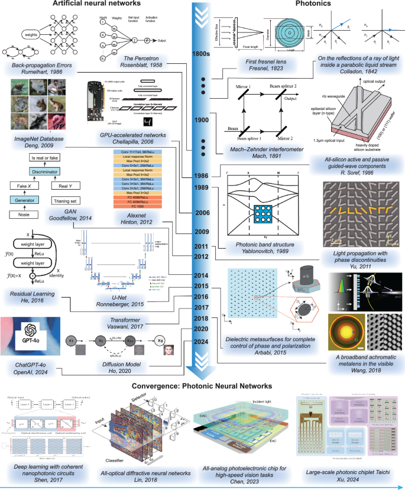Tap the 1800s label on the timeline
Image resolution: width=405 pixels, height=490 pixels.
[200, 54]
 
